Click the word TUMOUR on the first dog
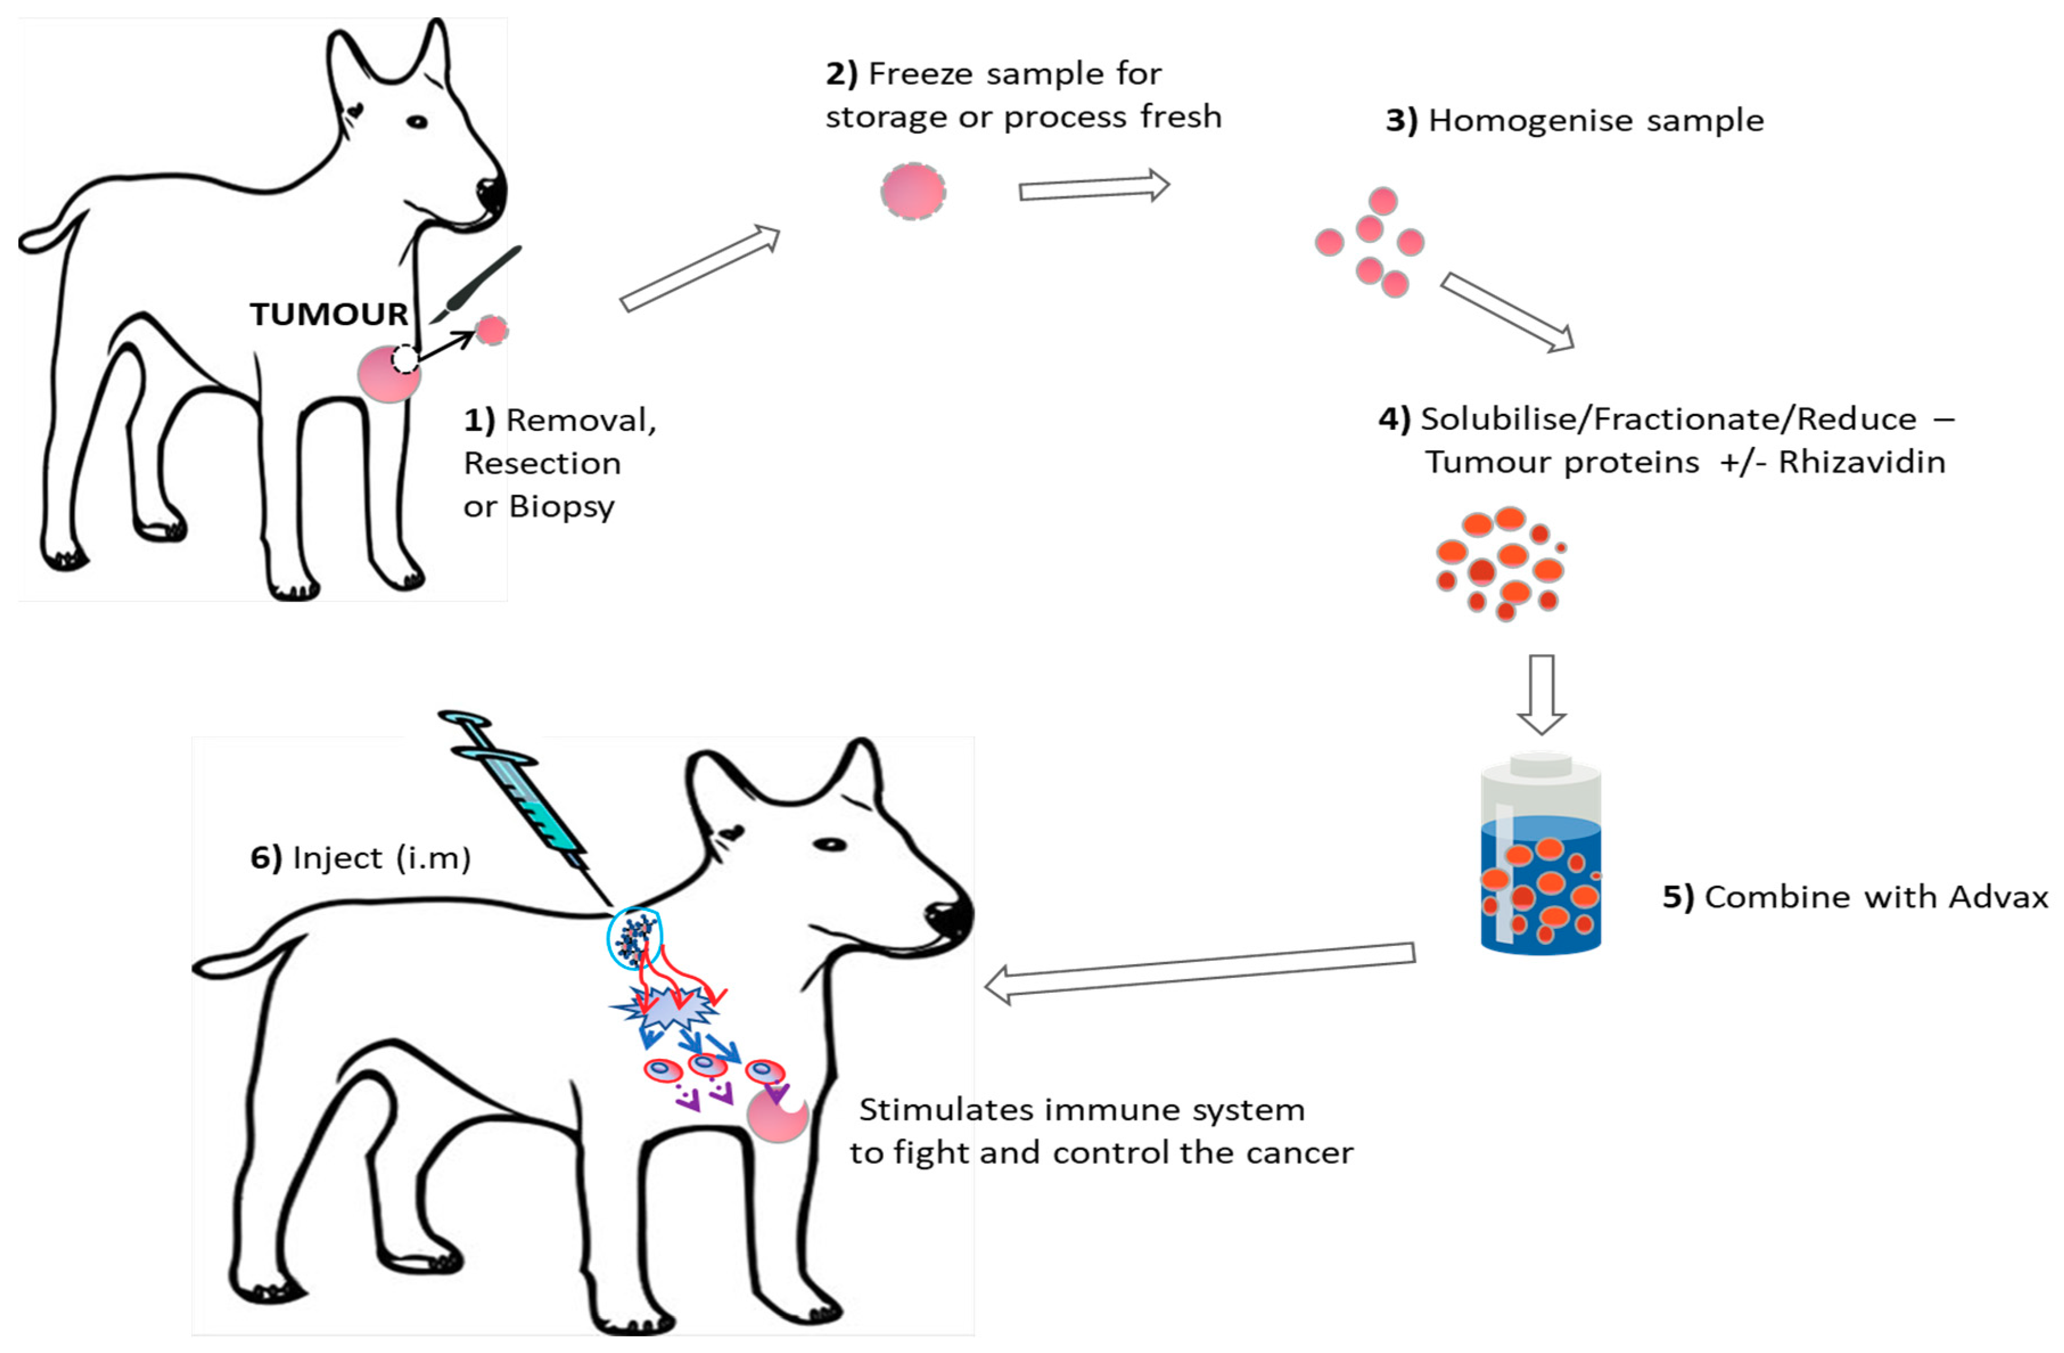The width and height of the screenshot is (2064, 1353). (x=328, y=314)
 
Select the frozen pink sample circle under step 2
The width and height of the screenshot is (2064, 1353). (x=913, y=191)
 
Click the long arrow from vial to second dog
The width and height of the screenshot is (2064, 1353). (x=1201, y=970)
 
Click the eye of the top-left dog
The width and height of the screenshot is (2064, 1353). (x=417, y=121)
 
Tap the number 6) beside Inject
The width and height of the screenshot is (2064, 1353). (x=265, y=858)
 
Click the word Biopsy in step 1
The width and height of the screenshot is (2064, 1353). (x=562, y=507)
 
